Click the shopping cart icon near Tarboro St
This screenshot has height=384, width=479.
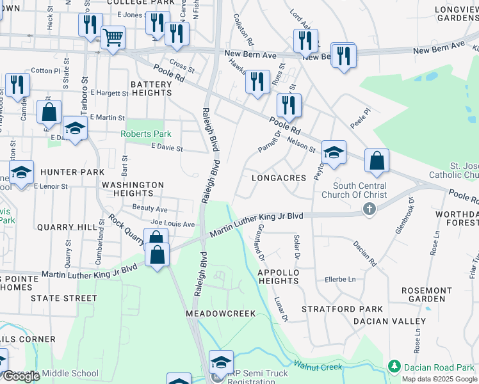click(113, 37)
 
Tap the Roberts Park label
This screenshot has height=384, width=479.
click(146, 134)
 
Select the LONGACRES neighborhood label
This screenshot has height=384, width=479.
click(279, 177)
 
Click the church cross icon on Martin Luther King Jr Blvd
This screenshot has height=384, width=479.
click(368, 209)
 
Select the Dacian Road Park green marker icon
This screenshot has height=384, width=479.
click(394, 367)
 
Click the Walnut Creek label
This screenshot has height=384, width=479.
click(318, 366)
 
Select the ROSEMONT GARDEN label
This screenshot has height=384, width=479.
click(426, 294)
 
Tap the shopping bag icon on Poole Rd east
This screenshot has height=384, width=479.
click(377, 161)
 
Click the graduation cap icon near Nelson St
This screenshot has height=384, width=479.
click(334, 152)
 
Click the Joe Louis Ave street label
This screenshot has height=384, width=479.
click(172, 225)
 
